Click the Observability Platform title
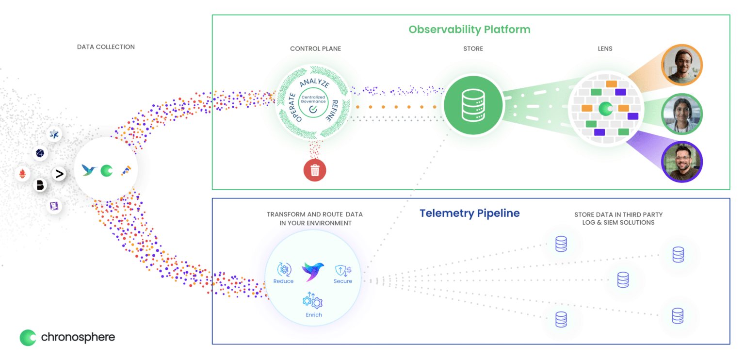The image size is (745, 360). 469,30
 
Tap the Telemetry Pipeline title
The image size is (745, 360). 469,213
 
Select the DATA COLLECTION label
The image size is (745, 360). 106,47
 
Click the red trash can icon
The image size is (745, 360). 315,170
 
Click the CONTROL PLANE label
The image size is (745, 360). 315,49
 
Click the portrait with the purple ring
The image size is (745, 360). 681,162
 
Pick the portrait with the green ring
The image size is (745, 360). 681,114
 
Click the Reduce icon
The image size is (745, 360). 283,269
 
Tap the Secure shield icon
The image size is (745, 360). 343,269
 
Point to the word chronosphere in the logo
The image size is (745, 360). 78,337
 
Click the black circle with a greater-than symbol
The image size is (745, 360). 59,174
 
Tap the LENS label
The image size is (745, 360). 605,49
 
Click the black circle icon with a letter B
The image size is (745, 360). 40,185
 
